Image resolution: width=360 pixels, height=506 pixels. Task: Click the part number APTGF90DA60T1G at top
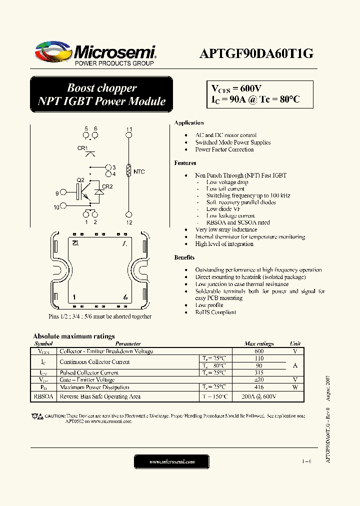[256, 54]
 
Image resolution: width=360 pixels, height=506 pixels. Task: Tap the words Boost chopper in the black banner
[102, 88]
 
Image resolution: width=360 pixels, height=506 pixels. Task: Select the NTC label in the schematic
[139, 172]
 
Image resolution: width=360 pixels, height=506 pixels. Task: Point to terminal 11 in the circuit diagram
[129, 134]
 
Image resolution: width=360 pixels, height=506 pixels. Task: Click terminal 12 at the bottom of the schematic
[129, 214]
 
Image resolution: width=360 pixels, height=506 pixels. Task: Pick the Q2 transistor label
[80, 180]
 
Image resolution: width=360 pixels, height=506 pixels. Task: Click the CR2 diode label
[107, 186]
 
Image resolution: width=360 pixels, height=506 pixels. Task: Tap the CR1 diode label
[82, 148]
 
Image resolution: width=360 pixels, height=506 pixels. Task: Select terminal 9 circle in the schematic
[63, 192]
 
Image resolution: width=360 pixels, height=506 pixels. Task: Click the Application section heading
[188, 123]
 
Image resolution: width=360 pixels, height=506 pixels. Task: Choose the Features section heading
[185, 163]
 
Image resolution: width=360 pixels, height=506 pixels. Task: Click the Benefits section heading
[184, 257]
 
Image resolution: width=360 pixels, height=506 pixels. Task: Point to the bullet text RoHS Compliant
[215, 312]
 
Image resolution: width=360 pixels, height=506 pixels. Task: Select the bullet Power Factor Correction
[224, 149]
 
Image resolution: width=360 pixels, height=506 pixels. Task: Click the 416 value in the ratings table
[258, 387]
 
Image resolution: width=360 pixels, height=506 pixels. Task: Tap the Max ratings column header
[258, 344]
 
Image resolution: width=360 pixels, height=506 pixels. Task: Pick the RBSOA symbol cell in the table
[44, 396]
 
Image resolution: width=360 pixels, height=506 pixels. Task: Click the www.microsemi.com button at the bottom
[172, 462]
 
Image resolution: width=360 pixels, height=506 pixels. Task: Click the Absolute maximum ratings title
[73, 336]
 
